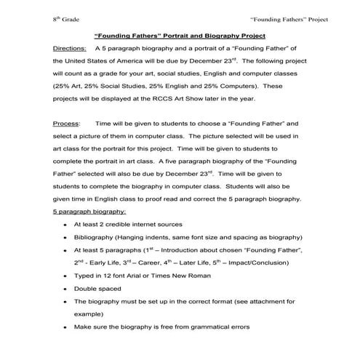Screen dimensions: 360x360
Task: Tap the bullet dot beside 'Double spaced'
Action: click(66, 288)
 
